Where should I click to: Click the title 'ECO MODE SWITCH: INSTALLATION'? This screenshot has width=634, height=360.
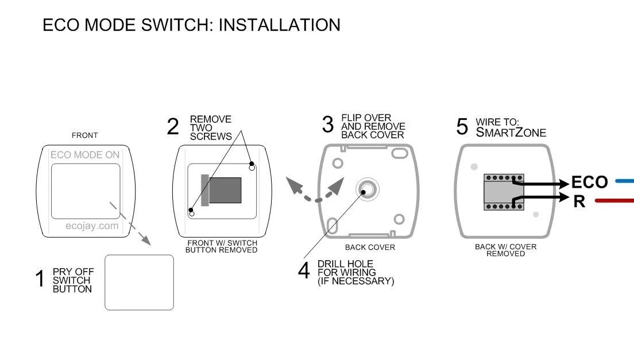(x=191, y=25)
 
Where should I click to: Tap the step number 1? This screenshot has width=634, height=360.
(x=40, y=280)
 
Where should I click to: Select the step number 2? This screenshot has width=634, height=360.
(x=173, y=127)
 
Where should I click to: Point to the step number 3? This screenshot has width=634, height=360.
(x=327, y=125)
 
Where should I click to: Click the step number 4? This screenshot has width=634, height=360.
(x=304, y=270)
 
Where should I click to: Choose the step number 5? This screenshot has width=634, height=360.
(x=462, y=127)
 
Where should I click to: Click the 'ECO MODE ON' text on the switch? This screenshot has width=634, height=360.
(x=85, y=155)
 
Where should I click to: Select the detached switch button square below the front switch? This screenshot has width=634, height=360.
(x=139, y=282)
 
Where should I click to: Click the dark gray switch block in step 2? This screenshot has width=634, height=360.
(x=225, y=190)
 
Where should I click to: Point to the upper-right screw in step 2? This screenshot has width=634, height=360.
(x=252, y=167)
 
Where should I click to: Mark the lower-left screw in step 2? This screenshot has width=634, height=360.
(x=192, y=213)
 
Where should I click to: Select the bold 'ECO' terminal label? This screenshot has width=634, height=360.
(x=589, y=183)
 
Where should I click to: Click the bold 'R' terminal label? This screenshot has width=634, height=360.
(x=579, y=202)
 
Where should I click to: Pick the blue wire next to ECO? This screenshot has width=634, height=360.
(x=624, y=181)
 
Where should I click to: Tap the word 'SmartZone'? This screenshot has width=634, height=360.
(x=511, y=133)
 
